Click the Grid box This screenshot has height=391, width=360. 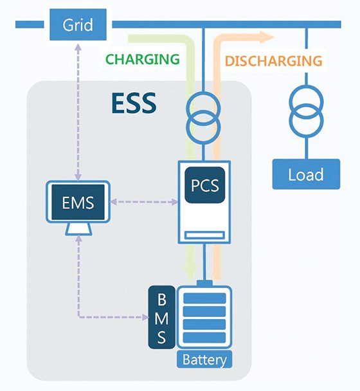click(78, 24)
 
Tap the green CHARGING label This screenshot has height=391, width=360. click(143, 59)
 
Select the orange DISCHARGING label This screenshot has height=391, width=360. click(274, 61)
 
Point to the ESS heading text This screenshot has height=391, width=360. click(134, 103)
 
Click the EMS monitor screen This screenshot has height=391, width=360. click(78, 202)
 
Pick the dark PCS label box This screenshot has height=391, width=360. click(205, 185)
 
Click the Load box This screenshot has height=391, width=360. click(306, 174)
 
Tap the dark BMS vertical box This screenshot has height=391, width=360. click(161, 317)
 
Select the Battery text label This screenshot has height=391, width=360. click(204, 359)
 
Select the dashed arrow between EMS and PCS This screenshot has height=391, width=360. click(144, 201)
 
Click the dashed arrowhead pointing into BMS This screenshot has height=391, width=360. click(145, 317)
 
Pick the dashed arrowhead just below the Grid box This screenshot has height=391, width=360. click(78, 47)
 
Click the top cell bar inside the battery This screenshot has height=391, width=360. click(204, 298)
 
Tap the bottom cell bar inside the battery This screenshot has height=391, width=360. click(204, 338)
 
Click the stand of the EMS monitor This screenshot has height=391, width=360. click(78, 229)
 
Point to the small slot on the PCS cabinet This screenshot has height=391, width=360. click(204, 235)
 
